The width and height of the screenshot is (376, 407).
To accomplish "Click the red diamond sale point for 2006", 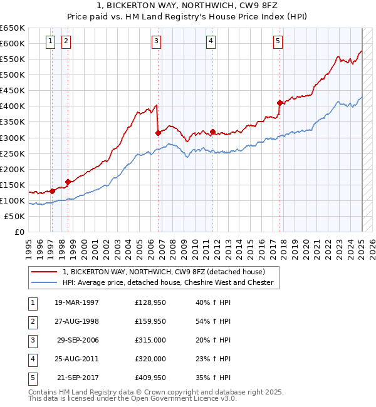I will point(159,133).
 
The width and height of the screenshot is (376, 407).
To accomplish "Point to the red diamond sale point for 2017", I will point(279,103).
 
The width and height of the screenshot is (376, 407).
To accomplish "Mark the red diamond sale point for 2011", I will point(213,131).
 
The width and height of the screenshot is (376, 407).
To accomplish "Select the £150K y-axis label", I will point(13,185).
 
